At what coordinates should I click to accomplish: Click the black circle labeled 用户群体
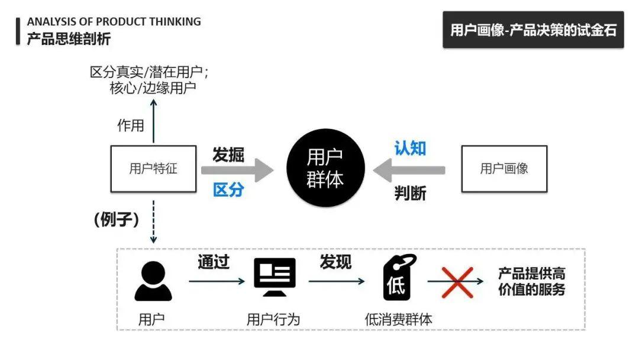point(325,169)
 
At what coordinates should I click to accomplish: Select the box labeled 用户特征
point(153,169)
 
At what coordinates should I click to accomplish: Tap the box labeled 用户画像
point(504,169)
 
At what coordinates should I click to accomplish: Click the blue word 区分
point(228,190)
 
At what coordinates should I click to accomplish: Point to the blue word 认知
point(410,148)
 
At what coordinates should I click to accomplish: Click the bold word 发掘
point(228,155)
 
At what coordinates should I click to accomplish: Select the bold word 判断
point(410,193)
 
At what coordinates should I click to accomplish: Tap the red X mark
point(457,282)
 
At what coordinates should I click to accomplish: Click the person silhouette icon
point(153,281)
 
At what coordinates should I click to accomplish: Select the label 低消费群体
point(398,320)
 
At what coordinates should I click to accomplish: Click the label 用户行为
point(273,320)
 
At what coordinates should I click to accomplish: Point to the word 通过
point(214,262)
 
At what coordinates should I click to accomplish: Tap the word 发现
point(335,262)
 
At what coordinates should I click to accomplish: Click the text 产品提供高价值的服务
point(531,282)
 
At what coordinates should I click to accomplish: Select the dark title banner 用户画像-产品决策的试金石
point(533,30)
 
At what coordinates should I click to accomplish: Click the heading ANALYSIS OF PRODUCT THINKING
point(114,22)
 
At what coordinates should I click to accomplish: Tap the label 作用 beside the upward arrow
point(131,125)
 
